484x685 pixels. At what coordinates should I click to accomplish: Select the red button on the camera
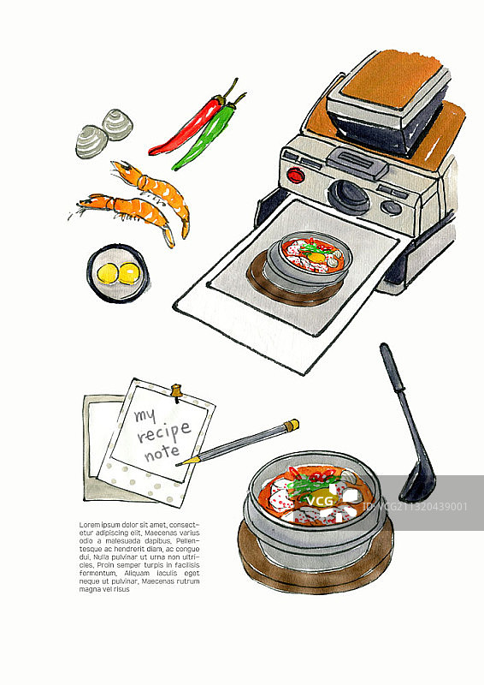tap(296, 176)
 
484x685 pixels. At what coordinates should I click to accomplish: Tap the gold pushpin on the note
tap(177, 391)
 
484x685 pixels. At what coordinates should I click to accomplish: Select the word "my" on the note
tap(145, 416)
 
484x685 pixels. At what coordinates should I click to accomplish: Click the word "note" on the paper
tap(162, 452)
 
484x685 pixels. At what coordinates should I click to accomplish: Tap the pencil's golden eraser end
tap(292, 424)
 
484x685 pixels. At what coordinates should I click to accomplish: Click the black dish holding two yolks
tap(119, 274)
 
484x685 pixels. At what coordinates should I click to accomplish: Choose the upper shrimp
tap(154, 187)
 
